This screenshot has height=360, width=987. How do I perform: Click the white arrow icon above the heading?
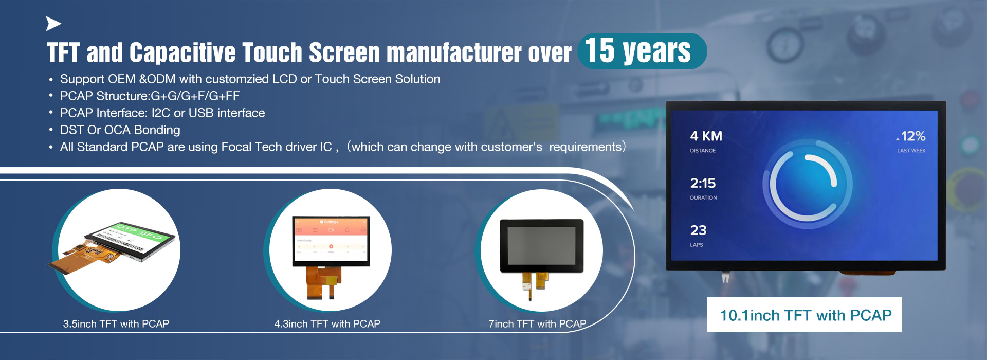[53, 24]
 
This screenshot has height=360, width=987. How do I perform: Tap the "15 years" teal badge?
[642, 51]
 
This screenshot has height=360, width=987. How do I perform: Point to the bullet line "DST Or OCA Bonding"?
[120, 130]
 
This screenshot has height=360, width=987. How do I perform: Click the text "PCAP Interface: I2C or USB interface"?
[162, 113]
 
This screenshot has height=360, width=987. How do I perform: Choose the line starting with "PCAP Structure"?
[150, 96]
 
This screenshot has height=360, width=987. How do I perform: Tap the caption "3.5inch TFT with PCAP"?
[116, 324]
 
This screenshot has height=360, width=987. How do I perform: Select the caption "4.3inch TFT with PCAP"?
[327, 324]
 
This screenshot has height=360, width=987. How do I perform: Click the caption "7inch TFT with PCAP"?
[537, 324]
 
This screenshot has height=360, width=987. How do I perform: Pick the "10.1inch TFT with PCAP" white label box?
[805, 315]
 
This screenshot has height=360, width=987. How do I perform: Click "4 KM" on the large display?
[706, 136]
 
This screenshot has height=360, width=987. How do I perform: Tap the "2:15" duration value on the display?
[703, 184]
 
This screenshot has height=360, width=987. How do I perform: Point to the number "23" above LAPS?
[698, 230]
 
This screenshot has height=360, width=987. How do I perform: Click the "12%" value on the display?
[913, 136]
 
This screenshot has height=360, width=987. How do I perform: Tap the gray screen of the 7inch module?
[541, 245]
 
